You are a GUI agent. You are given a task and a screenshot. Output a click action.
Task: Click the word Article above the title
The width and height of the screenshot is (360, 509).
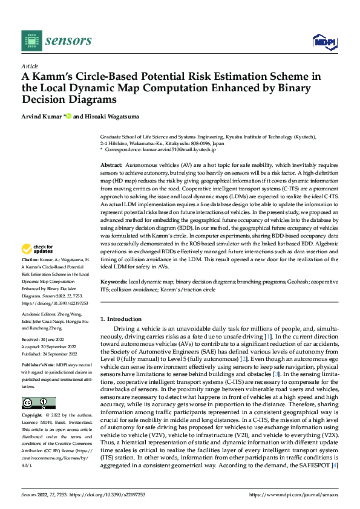[29, 66]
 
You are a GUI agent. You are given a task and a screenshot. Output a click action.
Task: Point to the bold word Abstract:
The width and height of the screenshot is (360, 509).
[111, 164]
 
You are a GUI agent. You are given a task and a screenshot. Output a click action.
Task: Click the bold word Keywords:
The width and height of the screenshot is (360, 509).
[114, 282]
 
